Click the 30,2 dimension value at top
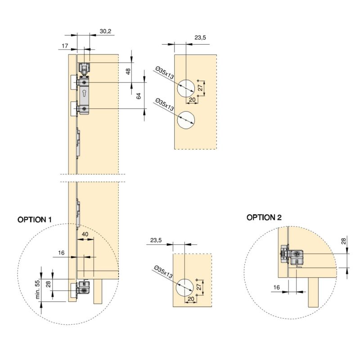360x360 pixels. (105, 31)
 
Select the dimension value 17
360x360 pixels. (65, 45)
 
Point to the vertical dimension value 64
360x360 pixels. (139, 95)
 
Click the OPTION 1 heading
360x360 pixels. (35, 220)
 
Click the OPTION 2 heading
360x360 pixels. (264, 217)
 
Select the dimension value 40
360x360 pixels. (84, 234)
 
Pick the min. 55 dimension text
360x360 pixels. (38, 289)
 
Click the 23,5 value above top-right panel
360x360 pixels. (200, 38)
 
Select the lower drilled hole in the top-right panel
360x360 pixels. (185, 119)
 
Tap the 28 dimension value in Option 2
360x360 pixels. (344, 241)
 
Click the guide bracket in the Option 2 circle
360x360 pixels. (294, 257)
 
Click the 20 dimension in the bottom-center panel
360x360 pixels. (192, 299)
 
